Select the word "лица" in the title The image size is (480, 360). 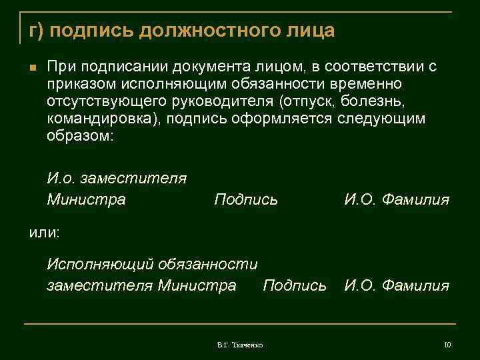(311, 31)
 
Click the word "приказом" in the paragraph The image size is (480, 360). (77, 85)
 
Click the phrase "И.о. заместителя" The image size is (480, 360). (117, 179)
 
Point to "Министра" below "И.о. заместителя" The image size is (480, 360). (86, 199)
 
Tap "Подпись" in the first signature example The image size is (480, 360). (246, 199)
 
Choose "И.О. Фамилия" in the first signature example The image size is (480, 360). (397, 199)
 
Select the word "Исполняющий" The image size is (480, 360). (101, 264)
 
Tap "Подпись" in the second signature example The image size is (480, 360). (295, 285)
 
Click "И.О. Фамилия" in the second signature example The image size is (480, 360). (397, 285)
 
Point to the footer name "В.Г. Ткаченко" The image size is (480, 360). (240, 345)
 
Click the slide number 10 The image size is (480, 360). (447, 345)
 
